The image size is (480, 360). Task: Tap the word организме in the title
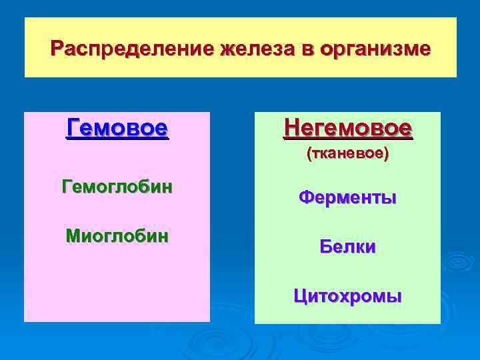(x=375, y=49)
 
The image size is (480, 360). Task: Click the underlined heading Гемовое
(x=117, y=127)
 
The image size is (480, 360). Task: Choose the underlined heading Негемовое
(x=347, y=127)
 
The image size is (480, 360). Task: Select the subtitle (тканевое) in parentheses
(x=347, y=154)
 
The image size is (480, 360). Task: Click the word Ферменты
(x=347, y=197)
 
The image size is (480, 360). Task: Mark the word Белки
(x=347, y=247)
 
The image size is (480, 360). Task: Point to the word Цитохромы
(x=347, y=296)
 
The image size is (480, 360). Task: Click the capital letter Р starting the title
(x=57, y=49)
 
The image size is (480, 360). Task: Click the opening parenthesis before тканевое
(x=308, y=154)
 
